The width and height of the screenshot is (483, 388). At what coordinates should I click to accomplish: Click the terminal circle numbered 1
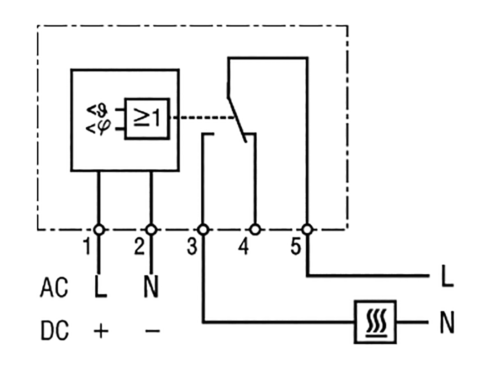(x=99, y=230)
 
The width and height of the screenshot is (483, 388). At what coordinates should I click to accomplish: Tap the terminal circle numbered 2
(x=151, y=230)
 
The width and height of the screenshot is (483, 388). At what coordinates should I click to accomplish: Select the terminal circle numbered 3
(x=203, y=230)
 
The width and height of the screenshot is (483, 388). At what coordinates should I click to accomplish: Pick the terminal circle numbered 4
(x=255, y=230)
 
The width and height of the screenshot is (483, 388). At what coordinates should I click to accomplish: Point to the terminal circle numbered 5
(x=307, y=230)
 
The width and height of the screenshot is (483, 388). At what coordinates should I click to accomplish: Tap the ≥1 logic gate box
(x=147, y=119)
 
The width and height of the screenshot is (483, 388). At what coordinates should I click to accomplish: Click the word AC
(x=54, y=288)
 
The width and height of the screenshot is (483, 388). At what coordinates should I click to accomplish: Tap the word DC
(x=55, y=331)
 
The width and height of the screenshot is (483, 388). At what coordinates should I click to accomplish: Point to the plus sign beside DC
(x=101, y=331)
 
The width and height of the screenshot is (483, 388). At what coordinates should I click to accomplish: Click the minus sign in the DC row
(x=152, y=331)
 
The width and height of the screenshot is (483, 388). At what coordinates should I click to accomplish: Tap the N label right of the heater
(x=447, y=322)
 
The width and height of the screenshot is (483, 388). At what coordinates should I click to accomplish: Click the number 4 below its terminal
(x=244, y=247)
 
